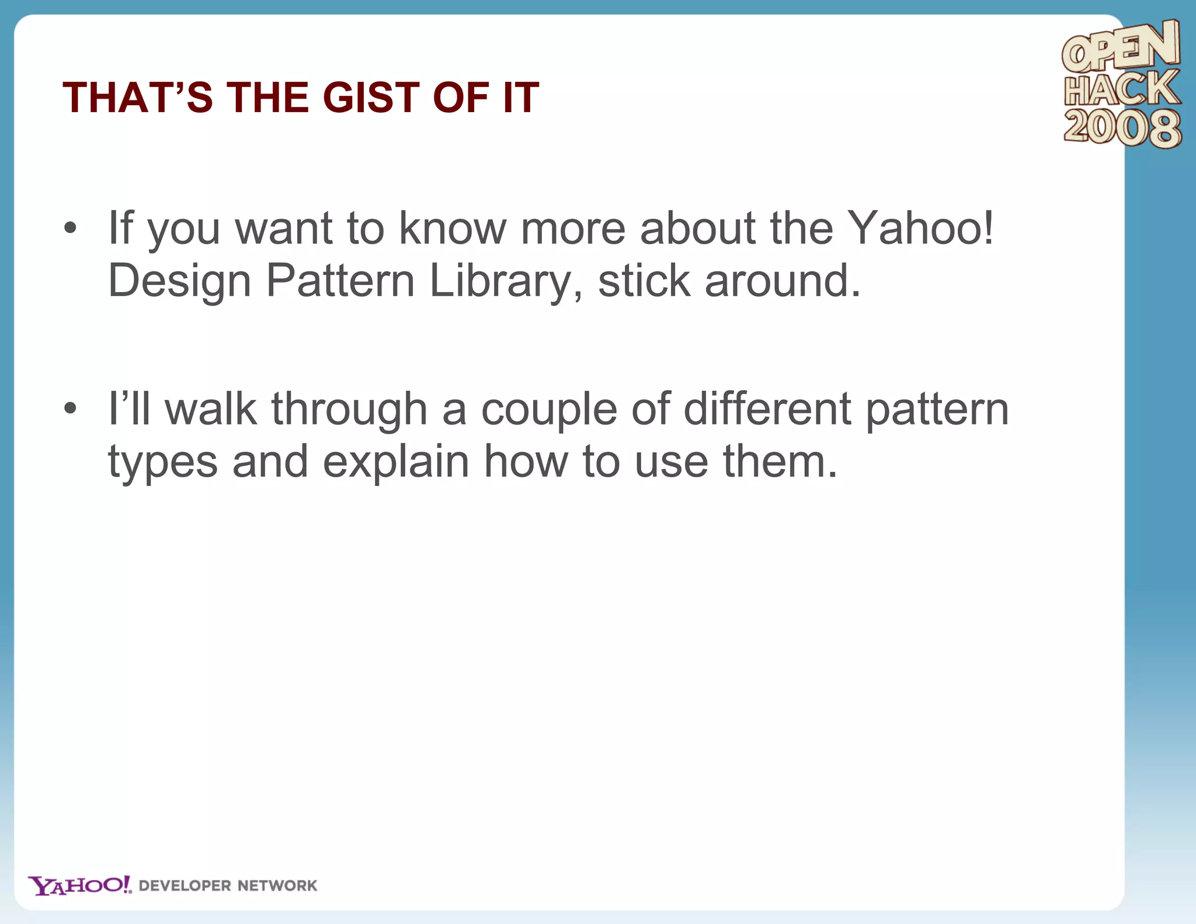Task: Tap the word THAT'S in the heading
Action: (138, 97)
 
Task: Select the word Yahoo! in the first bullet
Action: (920, 228)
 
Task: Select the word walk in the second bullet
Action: (211, 409)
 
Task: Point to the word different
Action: (767, 409)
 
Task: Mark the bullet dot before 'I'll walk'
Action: (70, 409)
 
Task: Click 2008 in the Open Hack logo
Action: (1122, 127)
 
